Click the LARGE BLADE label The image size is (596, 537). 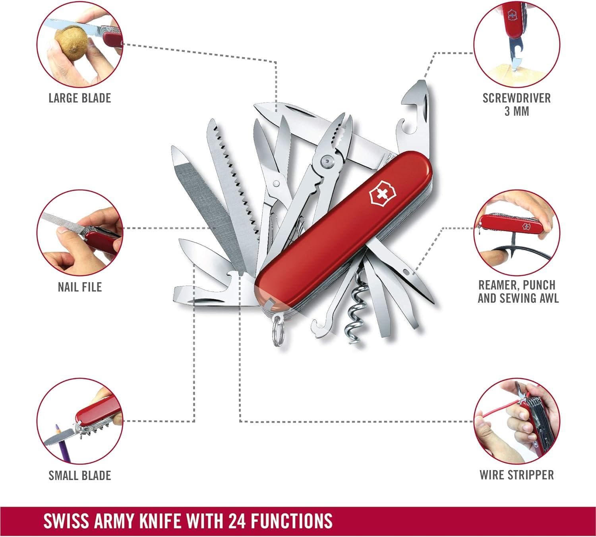[79, 98]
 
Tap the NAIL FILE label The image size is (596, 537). [79, 287]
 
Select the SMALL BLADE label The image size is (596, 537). [79, 475]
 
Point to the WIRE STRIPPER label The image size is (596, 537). [517, 475]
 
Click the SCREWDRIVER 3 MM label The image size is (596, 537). [517, 104]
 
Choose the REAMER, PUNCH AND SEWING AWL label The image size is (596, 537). [518, 292]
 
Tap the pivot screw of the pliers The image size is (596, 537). [327, 161]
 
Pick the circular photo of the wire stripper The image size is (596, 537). [517, 421]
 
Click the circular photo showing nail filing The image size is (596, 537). [79, 232]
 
